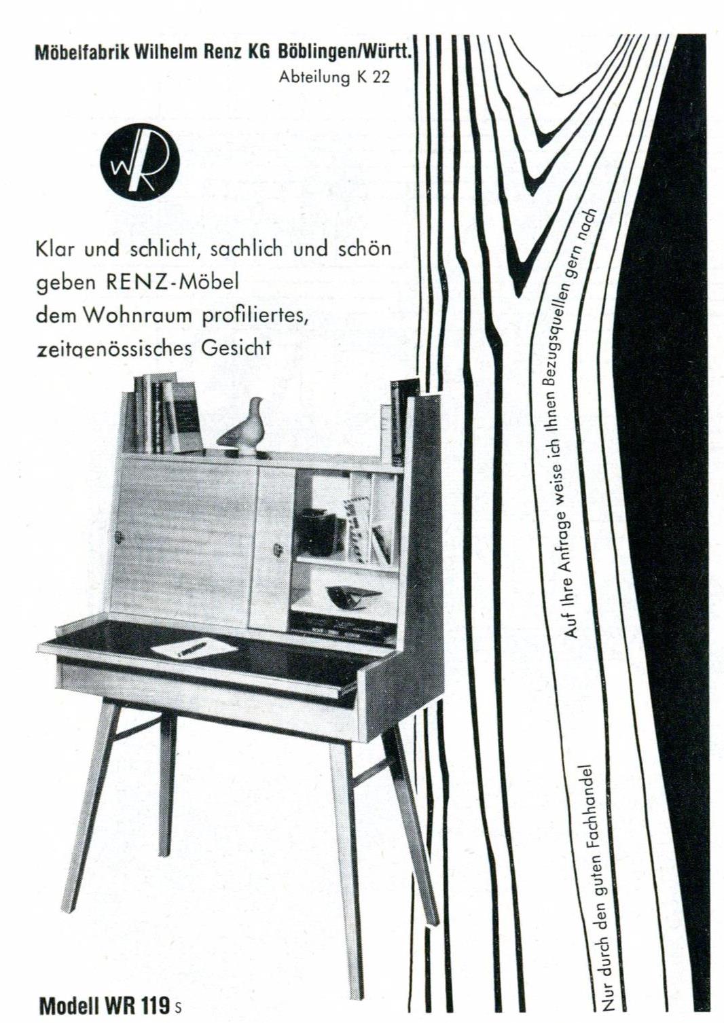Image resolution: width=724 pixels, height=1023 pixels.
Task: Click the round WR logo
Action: (x=140, y=162)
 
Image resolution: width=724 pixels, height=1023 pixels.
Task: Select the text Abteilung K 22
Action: (x=335, y=77)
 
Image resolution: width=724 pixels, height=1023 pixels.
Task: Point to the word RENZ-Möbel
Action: (x=173, y=283)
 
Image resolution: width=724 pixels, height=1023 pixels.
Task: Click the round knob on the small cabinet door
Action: (x=277, y=550)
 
